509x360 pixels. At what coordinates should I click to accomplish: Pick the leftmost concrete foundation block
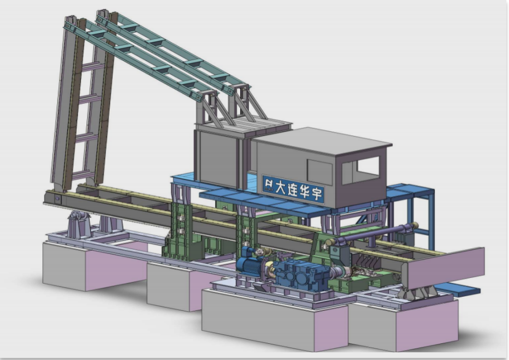[94, 265]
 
